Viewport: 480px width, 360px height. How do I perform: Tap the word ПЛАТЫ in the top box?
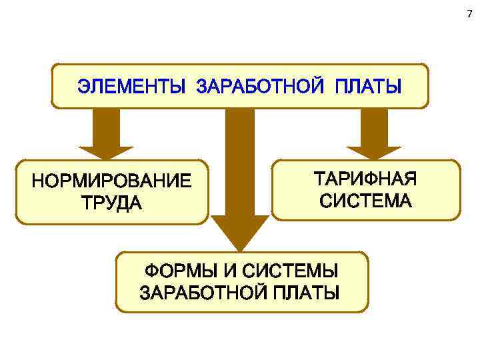(368, 87)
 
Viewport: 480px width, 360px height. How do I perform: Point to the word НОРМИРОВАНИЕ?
(111, 181)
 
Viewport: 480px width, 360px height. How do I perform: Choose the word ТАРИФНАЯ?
(365, 179)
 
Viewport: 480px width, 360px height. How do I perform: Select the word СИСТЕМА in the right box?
(365, 200)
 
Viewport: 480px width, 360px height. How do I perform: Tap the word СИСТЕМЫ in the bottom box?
(290, 272)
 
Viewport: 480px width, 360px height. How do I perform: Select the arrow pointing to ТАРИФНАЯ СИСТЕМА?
(374, 133)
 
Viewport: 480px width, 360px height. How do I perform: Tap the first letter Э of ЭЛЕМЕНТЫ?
(83, 87)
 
